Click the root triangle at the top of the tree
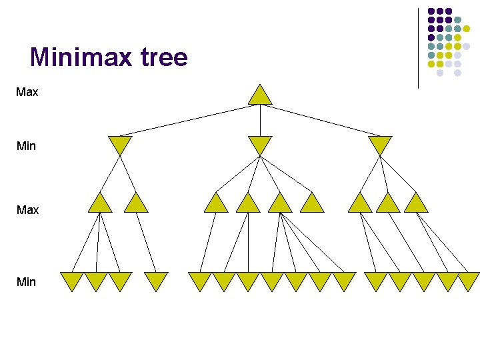click(260, 96)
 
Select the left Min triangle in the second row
click(120, 144)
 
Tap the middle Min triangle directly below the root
click(260, 144)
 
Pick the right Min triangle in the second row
click(380, 144)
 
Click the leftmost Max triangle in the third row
click(100, 204)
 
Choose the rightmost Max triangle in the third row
click(416, 204)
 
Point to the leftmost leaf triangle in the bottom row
click(71, 281)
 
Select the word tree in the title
click(164, 57)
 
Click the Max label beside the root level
click(27, 92)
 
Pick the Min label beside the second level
click(26, 145)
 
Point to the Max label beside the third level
click(27, 210)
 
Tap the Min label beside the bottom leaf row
click(26, 282)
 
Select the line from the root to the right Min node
click(320, 120)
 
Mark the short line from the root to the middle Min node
click(260, 120)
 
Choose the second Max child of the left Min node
click(136, 204)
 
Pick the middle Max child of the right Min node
click(388, 204)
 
